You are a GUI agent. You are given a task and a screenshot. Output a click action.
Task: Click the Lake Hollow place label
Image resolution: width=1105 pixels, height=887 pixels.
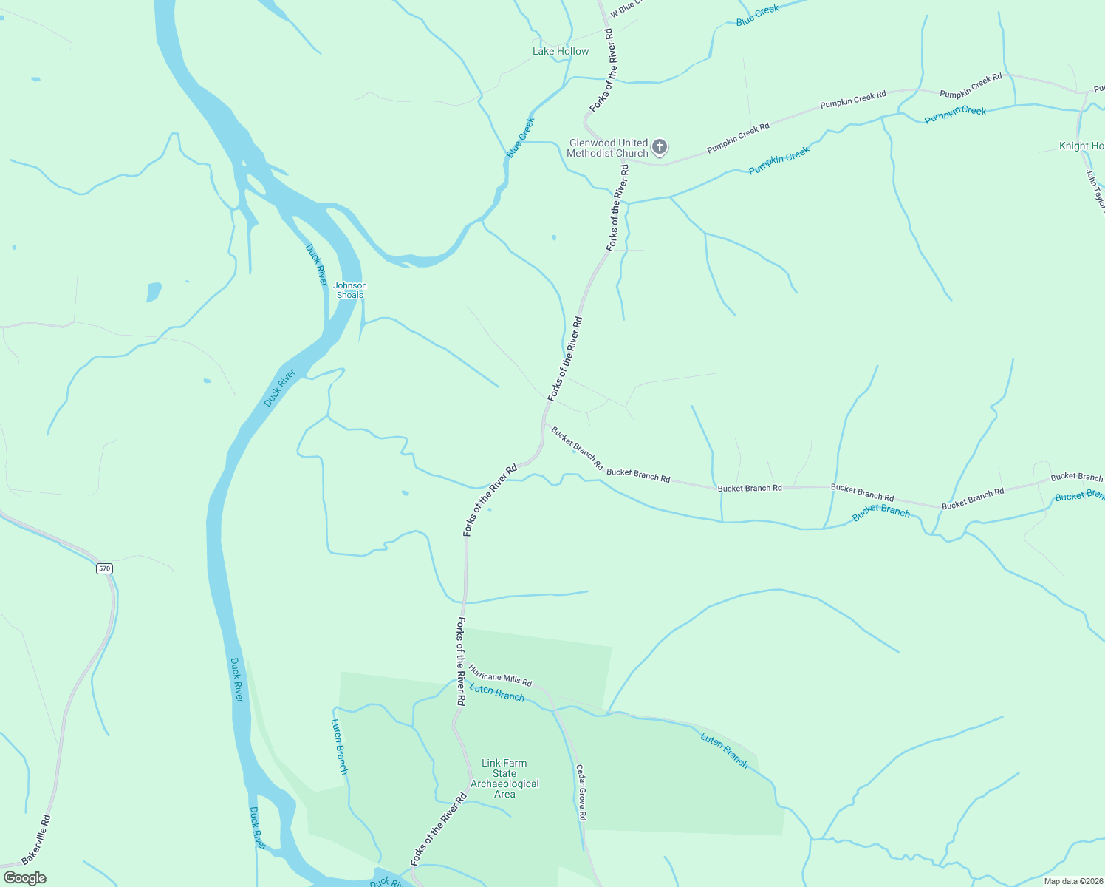[x=561, y=51]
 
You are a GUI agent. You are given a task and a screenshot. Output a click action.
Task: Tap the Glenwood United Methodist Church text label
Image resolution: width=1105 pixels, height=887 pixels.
[x=608, y=148]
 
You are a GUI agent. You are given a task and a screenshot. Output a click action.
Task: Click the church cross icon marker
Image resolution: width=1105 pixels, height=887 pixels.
[x=660, y=147]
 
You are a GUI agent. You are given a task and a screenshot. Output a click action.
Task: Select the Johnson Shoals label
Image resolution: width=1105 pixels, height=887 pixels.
[x=350, y=290]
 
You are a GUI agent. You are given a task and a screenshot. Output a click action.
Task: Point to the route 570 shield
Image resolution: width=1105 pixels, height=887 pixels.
[x=104, y=568]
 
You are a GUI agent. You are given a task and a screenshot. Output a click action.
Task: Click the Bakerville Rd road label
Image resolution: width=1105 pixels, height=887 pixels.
[x=36, y=840]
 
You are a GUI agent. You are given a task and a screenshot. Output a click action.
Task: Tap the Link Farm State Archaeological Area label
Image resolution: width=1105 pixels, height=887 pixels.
[x=504, y=778]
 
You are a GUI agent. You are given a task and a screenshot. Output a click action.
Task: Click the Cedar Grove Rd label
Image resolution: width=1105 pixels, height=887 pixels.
[x=581, y=792]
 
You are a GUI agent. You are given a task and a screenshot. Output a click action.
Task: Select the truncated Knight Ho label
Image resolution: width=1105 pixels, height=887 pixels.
[x=1081, y=146]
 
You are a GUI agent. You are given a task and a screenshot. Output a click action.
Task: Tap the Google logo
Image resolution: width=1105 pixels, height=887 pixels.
[x=24, y=878]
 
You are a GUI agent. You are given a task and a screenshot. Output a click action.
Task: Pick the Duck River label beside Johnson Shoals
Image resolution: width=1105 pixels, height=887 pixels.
[x=316, y=265]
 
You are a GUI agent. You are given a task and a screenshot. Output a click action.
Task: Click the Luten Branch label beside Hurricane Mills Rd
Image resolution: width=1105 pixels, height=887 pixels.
[x=497, y=693]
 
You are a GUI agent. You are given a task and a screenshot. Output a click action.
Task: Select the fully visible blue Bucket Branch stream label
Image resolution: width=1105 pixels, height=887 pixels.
[x=881, y=512]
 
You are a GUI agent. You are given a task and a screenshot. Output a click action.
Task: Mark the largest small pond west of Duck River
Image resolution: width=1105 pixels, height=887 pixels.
[x=154, y=291]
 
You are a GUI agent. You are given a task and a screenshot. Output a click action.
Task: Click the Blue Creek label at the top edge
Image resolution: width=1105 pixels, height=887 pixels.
[x=758, y=16]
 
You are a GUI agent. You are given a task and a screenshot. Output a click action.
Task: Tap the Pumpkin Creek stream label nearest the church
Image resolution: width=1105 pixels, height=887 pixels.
[x=779, y=160]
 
